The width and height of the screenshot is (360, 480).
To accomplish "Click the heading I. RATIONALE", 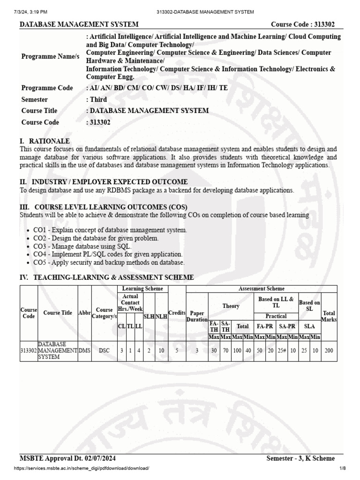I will [x=45, y=141].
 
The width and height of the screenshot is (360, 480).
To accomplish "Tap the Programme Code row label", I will [x=47, y=88].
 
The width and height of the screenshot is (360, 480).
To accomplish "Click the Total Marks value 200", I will [x=329, y=350].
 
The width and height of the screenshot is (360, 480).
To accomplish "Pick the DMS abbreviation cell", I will [x=84, y=350].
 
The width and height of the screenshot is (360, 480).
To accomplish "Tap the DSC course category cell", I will [x=104, y=350].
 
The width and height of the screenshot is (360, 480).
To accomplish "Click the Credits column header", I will [x=177, y=313].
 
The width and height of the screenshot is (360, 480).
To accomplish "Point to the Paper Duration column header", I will [x=197, y=316].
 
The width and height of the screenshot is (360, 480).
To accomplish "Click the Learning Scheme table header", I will [x=142, y=289].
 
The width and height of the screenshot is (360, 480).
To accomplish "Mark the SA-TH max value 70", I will [x=225, y=350].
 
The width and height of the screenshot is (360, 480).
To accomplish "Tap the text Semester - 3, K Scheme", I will [x=300, y=458].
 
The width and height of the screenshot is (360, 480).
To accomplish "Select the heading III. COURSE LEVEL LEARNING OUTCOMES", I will [x=103, y=207].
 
